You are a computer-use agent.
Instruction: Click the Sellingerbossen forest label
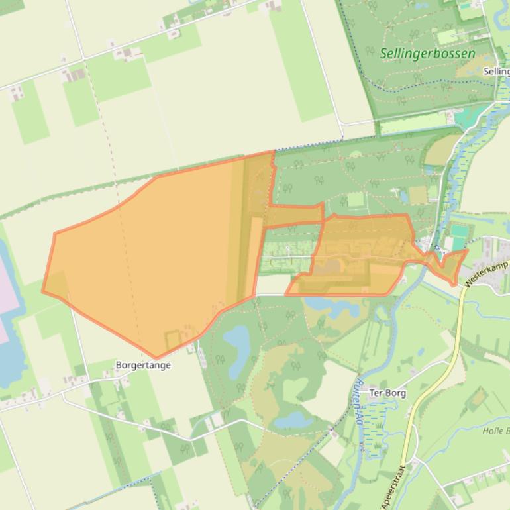[428, 53]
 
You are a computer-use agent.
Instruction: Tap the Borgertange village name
[143, 365]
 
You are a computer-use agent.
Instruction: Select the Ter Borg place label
[387, 393]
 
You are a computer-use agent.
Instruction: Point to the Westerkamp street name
[487, 272]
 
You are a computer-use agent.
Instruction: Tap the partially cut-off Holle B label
[495, 431]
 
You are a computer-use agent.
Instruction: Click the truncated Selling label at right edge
[496, 71]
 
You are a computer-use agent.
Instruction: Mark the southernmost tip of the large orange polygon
[156, 358]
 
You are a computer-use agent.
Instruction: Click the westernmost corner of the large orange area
[43, 291]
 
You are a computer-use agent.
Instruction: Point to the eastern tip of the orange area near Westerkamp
[467, 250]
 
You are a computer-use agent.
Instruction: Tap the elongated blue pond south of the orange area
[236, 342]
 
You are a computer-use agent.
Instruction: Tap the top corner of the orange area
[273, 152]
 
